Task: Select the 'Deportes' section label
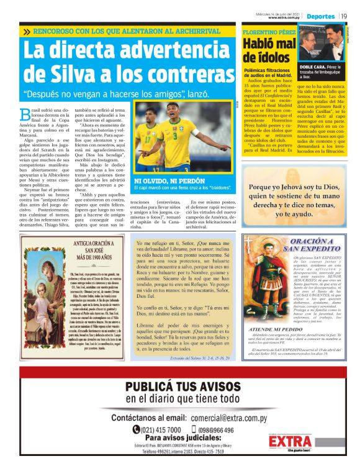320,15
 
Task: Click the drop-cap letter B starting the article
25,114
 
